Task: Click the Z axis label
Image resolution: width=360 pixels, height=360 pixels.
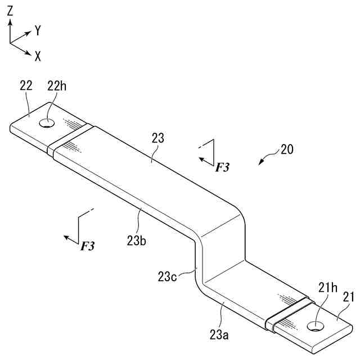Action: tap(10, 10)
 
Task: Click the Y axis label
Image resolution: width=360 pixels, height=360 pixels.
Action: tap(38, 31)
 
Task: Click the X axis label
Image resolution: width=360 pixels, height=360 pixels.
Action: tap(38, 56)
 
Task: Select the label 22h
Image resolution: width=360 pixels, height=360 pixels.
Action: tap(56, 86)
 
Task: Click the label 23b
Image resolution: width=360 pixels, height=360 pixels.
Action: tap(137, 240)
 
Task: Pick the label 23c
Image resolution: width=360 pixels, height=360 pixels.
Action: tap(167, 276)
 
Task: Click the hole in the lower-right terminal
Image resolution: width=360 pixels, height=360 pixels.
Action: tap(315, 325)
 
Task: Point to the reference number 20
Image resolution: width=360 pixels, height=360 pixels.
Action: tap(287, 150)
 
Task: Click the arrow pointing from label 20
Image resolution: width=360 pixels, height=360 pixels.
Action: tap(261, 161)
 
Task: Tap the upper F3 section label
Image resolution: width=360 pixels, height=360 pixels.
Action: tap(223, 167)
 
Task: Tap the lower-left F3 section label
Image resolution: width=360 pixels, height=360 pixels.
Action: tap(88, 246)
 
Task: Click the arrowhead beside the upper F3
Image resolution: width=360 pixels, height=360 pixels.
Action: tap(201, 160)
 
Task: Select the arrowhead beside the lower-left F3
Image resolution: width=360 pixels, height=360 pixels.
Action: tap(66, 238)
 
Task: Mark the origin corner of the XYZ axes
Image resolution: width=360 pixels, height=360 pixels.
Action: tap(10, 43)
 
